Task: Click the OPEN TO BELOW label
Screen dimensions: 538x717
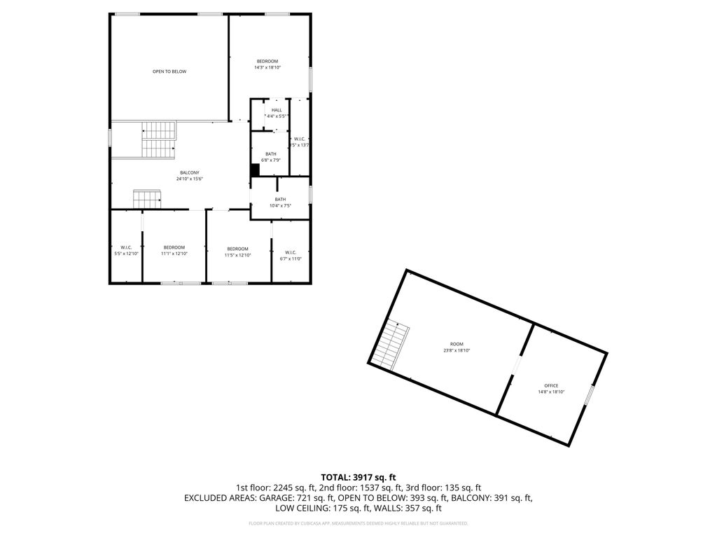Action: (169, 71)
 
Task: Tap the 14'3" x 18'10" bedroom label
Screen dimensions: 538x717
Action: (267, 64)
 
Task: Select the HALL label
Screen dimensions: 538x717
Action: (277, 112)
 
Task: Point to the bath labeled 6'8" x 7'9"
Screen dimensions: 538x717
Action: (271, 157)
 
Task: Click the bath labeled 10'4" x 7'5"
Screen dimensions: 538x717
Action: (280, 202)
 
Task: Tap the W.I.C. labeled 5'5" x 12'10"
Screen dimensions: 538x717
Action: (126, 250)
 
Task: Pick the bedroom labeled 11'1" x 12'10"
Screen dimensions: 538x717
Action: (174, 250)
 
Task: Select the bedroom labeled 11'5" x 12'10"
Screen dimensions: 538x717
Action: (237, 251)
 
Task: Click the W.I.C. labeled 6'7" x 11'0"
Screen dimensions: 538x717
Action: (291, 255)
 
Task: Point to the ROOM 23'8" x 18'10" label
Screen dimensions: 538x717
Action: (457, 347)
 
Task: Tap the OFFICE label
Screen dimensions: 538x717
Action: (551, 388)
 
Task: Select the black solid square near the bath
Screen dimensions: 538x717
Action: (255, 170)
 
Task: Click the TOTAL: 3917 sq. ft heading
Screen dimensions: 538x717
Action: (358, 477)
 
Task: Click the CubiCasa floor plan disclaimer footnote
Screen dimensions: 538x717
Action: (358, 523)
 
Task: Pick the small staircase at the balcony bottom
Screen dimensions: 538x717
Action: (147, 200)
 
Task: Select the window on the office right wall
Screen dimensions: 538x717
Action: (590, 395)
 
